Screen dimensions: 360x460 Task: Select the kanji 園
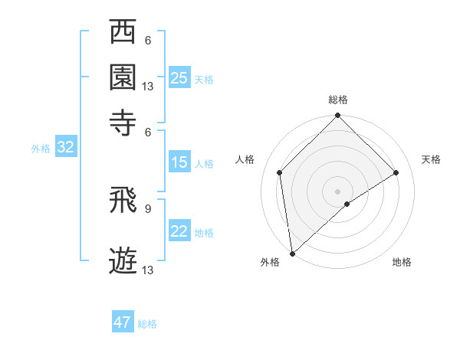pos(123,78)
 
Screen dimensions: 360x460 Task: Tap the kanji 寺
pos(123,123)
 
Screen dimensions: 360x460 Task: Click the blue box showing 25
pos(179,78)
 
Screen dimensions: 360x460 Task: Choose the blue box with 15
pos(179,162)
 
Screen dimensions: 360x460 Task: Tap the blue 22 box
pos(179,231)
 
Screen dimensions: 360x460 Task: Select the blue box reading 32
pos(65,148)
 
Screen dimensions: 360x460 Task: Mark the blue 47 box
pos(123,322)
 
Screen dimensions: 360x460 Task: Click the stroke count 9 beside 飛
pos(148,207)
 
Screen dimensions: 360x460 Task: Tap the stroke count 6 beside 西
pos(148,40)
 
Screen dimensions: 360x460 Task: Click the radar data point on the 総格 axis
pos(337,116)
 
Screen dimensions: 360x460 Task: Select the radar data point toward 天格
pos(396,172)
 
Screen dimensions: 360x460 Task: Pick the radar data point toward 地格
pos(347,204)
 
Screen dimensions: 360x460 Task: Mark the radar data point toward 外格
pos(292,254)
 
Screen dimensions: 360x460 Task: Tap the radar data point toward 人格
pos(280,172)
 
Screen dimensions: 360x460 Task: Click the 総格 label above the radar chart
pos(337,100)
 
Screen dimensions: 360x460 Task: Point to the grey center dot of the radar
pos(337,191)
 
